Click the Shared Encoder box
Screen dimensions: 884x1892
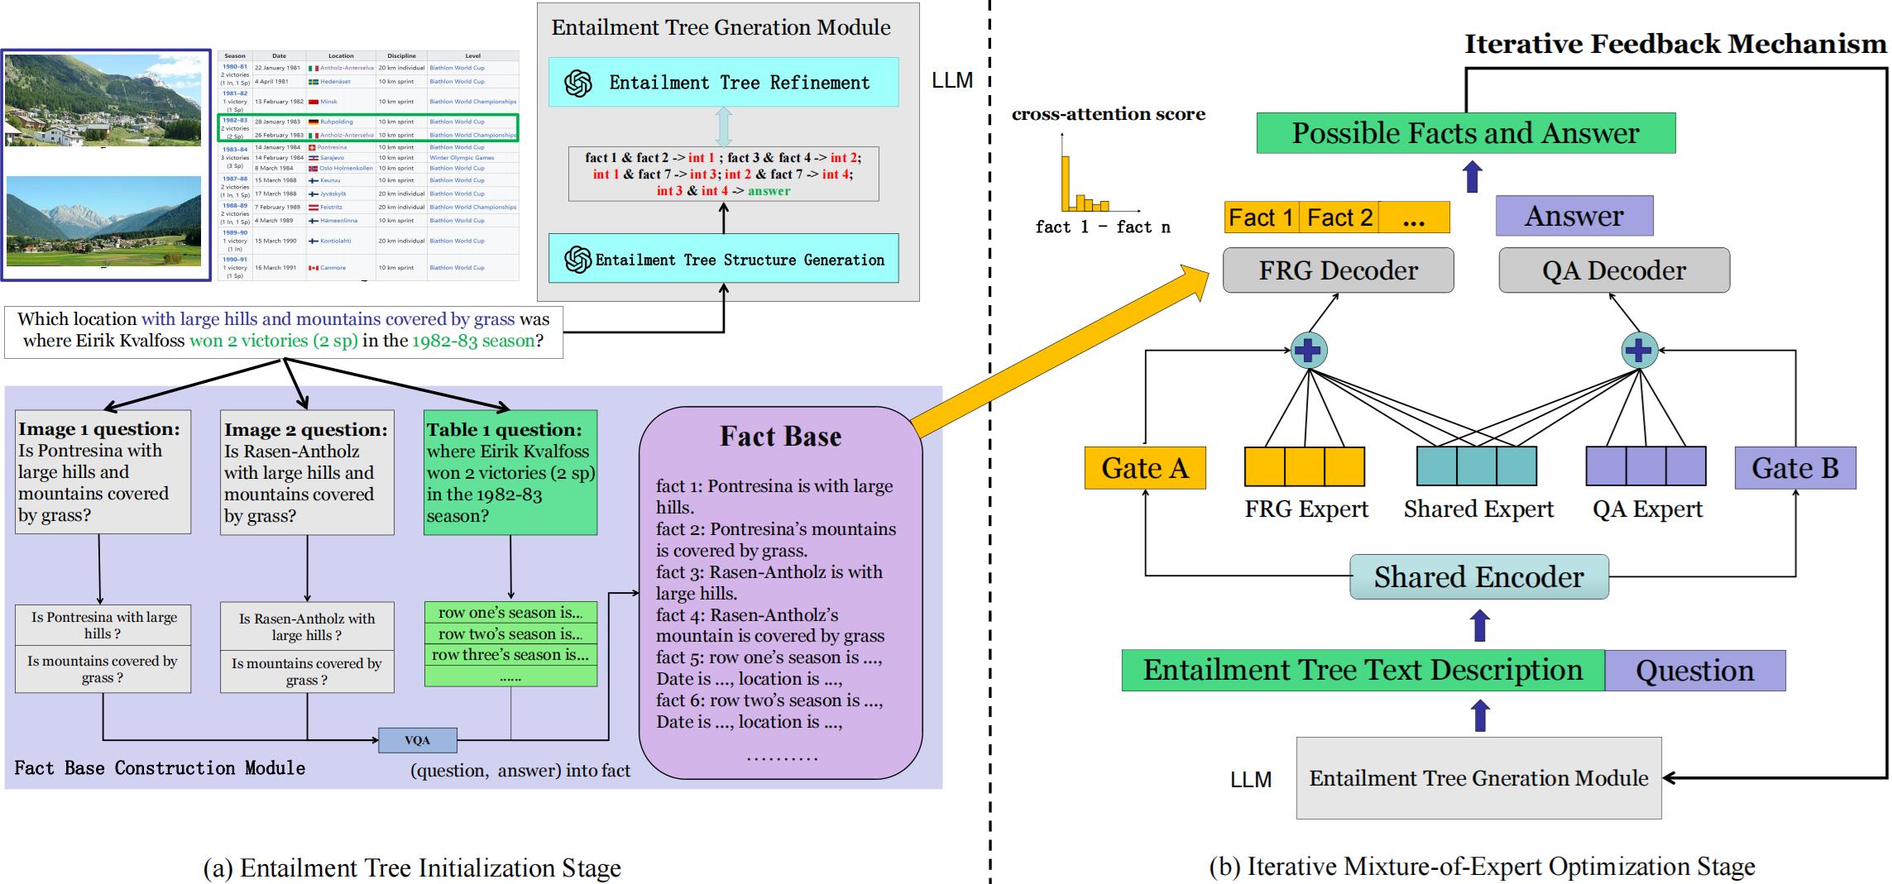click(1478, 576)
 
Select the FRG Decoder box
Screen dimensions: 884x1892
click(1338, 270)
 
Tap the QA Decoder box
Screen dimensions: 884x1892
click(1613, 270)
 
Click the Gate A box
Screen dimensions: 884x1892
click(1144, 468)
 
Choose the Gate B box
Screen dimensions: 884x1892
click(1794, 468)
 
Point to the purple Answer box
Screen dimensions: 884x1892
click(1573, 216)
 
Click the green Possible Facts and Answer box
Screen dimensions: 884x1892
click(1465, 133)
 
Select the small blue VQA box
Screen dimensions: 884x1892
click(417, 740)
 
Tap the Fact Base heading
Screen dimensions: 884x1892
click(780, 437)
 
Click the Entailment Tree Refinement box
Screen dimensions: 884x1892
click(723, 82)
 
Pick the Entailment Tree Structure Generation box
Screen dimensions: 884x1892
click(723, 260)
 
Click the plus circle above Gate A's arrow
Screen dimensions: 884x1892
click(1309, 351)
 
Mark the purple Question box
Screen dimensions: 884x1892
click(1694, 671)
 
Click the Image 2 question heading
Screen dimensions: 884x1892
click(306, 430)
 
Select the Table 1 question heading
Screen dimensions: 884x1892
click(504, 430)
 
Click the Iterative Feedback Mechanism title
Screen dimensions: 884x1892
click(1675, 44)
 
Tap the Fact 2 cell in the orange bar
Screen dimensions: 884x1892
click(1339, 217)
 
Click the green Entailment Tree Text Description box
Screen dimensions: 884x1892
click(1363, 671)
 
